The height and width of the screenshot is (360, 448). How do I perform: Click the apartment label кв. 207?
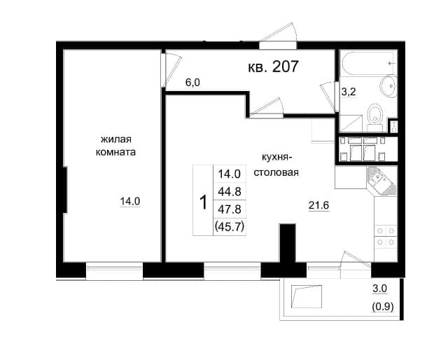[274, 67]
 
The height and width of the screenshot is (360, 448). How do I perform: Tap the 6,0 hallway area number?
[192, 82]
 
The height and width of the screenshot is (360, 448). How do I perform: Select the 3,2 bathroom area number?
[349, 90]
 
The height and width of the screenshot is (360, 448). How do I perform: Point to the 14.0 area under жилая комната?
[130, 202]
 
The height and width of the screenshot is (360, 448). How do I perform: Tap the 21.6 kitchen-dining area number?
[319, 205]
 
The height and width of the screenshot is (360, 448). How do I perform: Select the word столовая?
[276, 172]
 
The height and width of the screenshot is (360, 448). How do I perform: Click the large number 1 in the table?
[203, 203]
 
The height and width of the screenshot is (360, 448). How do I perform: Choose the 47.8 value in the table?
[230, 208]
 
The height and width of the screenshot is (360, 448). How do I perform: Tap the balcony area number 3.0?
[379, 288]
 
